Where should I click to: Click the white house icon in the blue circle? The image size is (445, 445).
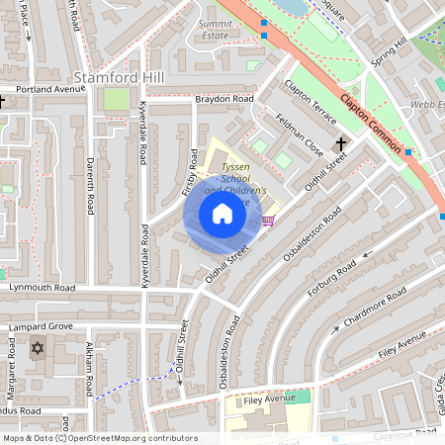[x=222, y=214]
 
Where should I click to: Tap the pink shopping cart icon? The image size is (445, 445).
[x=268, y=221]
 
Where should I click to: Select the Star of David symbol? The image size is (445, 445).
[x=39, y=348]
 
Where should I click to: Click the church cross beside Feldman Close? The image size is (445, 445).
[x=341, y=144]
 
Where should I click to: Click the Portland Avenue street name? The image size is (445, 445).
[x=44, y=88]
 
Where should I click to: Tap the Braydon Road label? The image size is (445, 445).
[x=223, y=100]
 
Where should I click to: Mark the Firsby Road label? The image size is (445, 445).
[x=191, y=171]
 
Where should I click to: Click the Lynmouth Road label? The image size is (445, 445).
[x=38, y=288]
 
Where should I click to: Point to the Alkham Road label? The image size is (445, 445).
[x=89, y=364]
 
